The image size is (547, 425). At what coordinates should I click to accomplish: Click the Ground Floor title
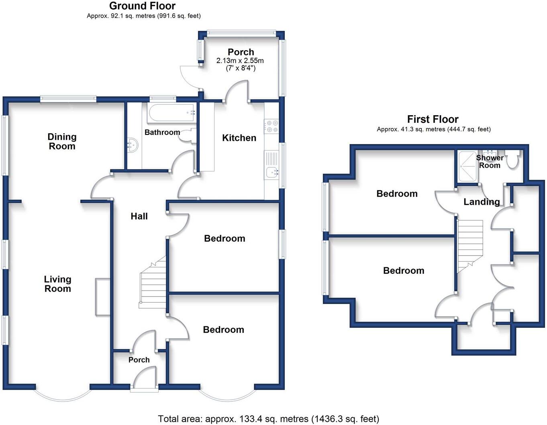142,6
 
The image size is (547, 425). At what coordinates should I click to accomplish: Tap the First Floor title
433,119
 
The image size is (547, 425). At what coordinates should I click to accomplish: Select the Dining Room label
62,142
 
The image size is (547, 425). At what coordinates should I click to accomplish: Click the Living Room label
57,284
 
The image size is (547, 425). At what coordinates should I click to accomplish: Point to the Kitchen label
239,138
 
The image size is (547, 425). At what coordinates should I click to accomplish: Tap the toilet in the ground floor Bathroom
187,136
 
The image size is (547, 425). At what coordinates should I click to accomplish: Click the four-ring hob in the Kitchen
271,126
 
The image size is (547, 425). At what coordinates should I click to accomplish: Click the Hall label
139,216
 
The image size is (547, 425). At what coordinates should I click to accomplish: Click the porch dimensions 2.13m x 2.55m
240,61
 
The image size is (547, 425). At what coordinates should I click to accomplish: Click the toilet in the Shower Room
512,160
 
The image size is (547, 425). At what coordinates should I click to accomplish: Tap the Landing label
482,202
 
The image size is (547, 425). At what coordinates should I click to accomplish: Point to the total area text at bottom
268,419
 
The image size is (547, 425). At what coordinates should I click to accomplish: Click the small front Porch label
139,360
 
